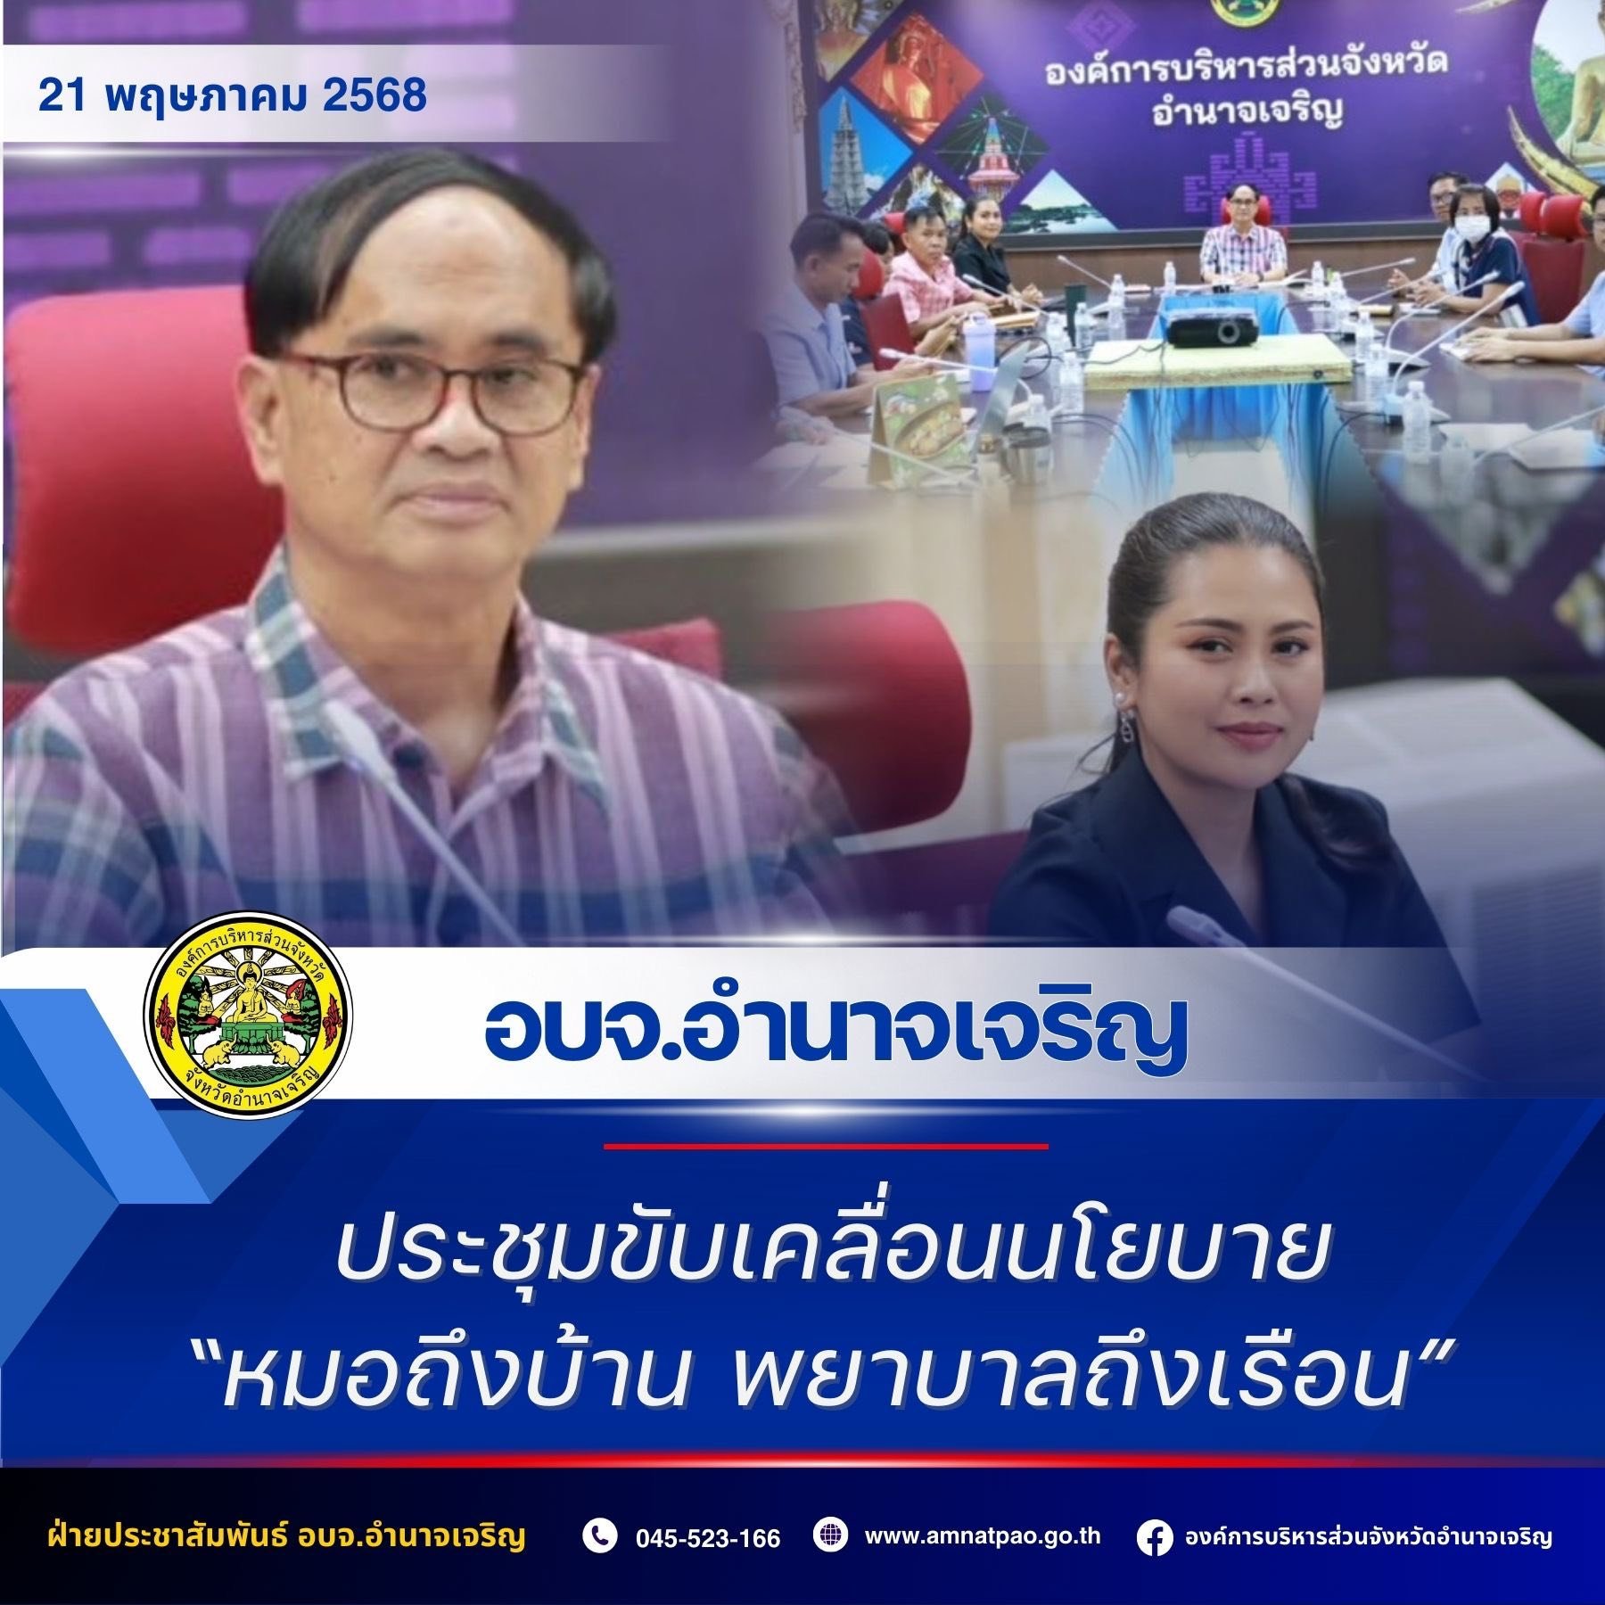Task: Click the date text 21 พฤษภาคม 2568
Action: pos(232,95)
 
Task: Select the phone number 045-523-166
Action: pos(708,1537)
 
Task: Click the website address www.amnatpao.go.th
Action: pos(983,1535)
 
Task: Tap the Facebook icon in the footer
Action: pos(1156,1537)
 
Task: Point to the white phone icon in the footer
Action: pos(600,1536)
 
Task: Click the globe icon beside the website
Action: pos(830,1535)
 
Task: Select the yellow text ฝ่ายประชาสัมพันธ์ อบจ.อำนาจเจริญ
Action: pos(284,1537)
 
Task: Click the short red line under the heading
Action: pos(826,1146)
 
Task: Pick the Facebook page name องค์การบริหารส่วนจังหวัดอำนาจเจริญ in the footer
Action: pos(1368,1537)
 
